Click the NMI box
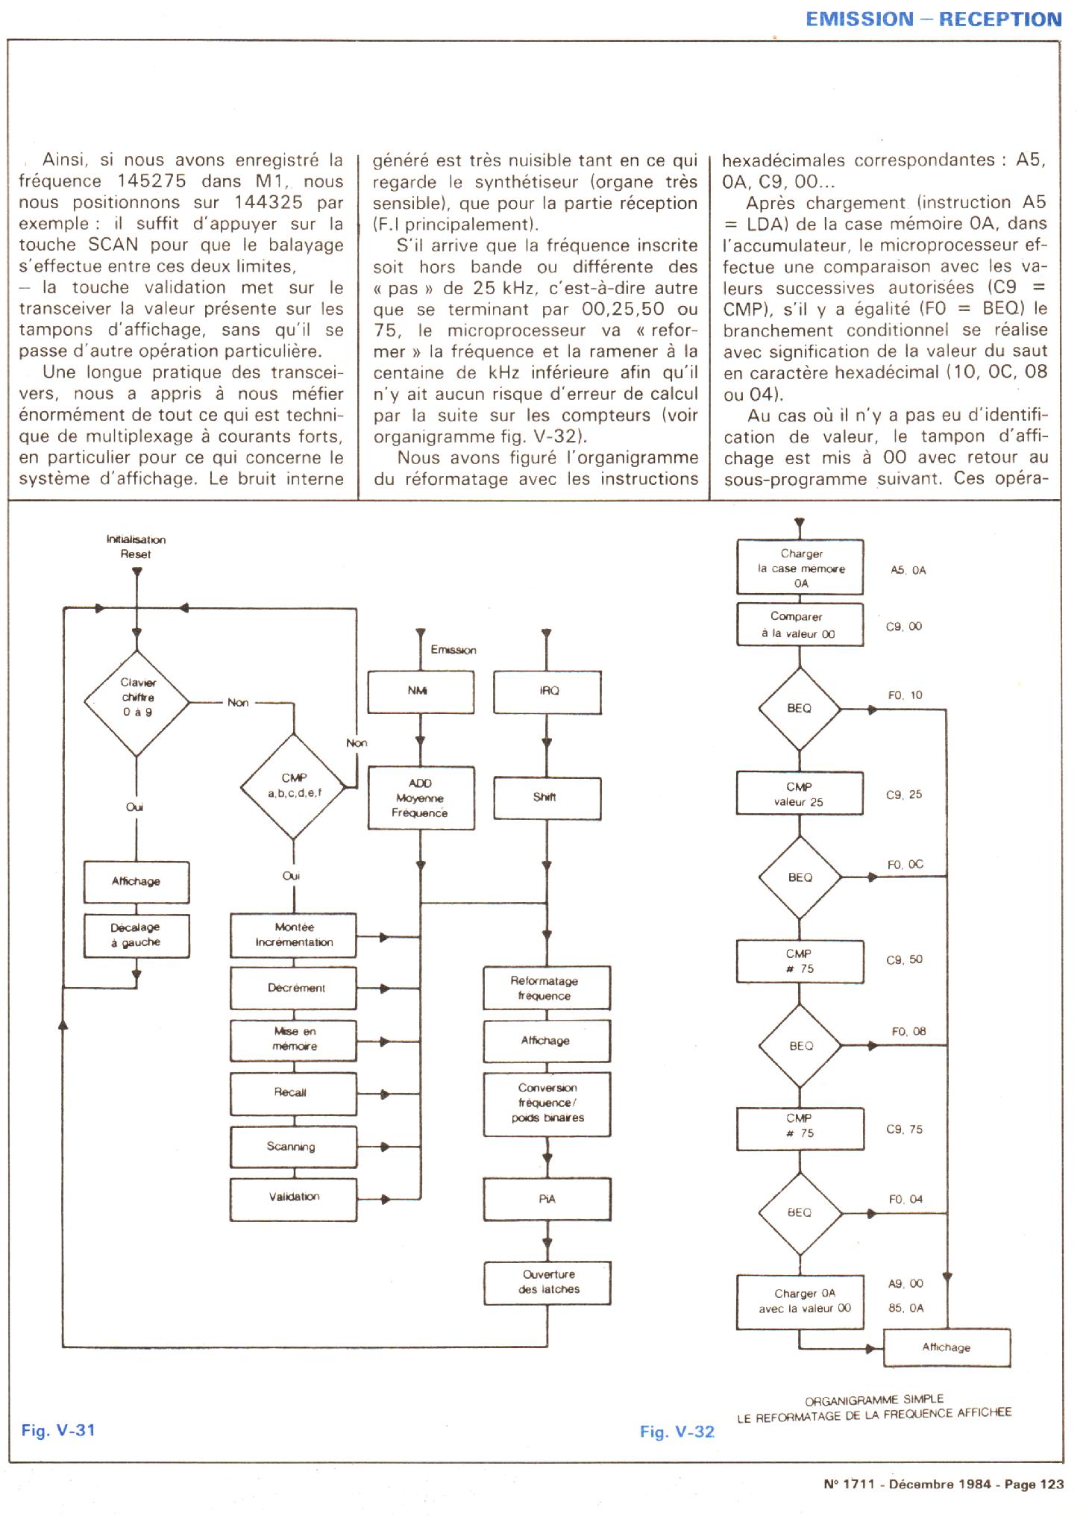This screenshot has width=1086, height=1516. coord(420,692)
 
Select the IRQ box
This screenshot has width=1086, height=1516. coord(547,692)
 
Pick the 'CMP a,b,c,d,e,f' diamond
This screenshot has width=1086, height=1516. coord(294,786)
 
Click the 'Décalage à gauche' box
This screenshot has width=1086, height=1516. coord(136,936)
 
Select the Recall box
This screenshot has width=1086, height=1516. coord(293,1094)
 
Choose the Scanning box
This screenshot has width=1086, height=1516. coord(293,1147)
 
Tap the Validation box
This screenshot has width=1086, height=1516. coord(293,1199)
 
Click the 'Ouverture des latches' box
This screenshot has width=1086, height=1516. coord(547,1282)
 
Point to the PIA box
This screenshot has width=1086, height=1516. coord(547,1199)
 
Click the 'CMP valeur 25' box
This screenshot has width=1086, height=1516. coord(800,794)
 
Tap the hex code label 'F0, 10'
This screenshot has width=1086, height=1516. coord(905,695)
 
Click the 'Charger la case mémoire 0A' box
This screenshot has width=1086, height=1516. coord(800,568)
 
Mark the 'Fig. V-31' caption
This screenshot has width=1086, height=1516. coord(58,1430)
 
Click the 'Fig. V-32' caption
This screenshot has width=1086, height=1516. coord(677,1432)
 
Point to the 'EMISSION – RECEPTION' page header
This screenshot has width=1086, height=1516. coord(933,20)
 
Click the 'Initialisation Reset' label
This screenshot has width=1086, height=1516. coord(136,547)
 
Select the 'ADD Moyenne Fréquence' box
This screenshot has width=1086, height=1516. coord(420,798)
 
